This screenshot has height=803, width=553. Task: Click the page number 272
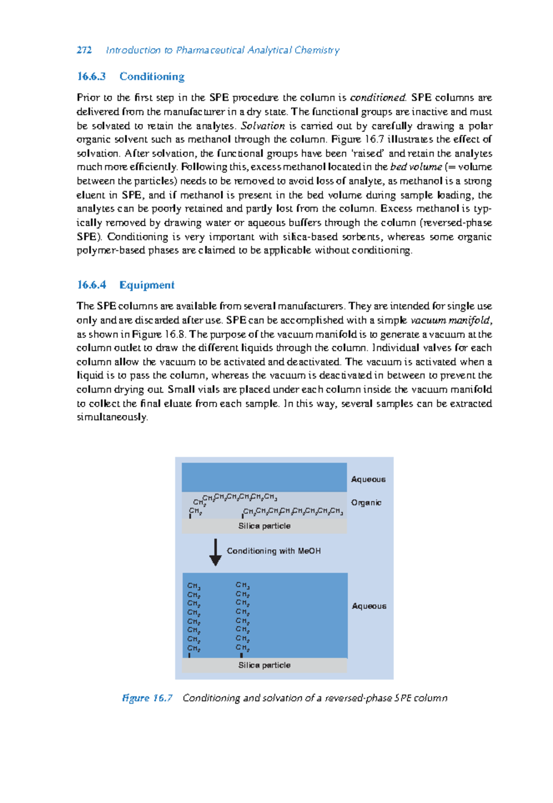(x=84, y=50)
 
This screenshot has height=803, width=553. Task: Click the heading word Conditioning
(x=152, y=76)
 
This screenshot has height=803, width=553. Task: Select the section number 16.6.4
(x=91, y=285)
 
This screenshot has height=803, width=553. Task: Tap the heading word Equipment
(x=147, y=285)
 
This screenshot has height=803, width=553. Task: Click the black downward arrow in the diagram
(x=215, y=552)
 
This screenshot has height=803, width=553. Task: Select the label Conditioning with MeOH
(x=273, y=551)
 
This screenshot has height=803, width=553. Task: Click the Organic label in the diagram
(x=366, y=503)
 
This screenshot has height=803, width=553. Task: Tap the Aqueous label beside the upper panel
(x=368, y=479)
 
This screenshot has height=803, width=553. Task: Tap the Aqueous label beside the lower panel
(x=369, y=606)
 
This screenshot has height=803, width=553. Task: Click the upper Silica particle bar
(x=264, y=526)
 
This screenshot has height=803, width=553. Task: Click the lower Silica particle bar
(x=264, y=665)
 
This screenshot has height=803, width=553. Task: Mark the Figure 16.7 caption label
(x=147, y=698)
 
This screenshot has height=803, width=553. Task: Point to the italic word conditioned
(x=377, y=98)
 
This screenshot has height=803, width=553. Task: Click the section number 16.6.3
(x=91, y=76)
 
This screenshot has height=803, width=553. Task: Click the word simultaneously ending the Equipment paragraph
(x=112, y=417)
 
